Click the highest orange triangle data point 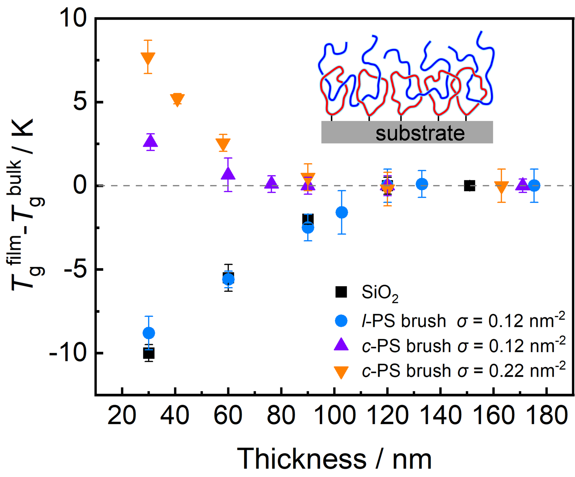click(x=148, y=58)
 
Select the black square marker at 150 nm click(x=469, y=186)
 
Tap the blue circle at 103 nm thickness click(x=342, y=212)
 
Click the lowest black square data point click(x=149, y=353)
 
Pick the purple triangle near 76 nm click(x=271, y=183)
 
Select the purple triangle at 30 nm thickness click(x=150, y=141)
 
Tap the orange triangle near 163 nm click(x=501, y=187)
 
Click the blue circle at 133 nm click(x=422, y=184)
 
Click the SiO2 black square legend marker click(x=341, y=292)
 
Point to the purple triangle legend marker click(x=341, y=345)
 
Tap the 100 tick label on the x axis click(x=334, y=415)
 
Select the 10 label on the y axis click(x=72, y=19)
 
